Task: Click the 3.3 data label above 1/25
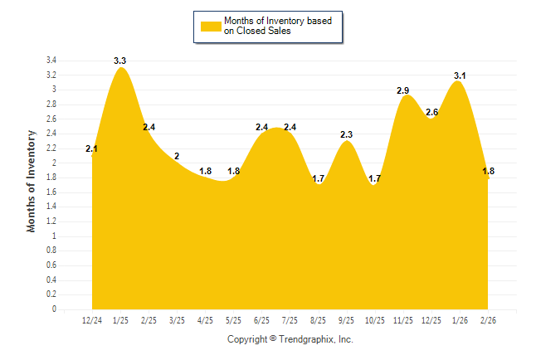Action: point(120,61)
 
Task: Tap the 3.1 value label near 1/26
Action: point(460,75)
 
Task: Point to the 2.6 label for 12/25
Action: point(432,112)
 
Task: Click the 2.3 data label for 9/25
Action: point(347,134)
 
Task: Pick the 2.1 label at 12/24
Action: point(92,149)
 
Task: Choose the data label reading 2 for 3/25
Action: point(177,156)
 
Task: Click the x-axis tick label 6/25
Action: point(262,319)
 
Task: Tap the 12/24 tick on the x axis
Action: point(92,319)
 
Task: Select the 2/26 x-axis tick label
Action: point(489,319)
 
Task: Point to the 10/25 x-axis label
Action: point(375,319)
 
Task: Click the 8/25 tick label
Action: point(319,319)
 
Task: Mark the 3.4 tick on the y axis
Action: point(51,61)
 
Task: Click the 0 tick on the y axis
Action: point(55,309)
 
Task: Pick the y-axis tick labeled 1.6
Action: point(51,192)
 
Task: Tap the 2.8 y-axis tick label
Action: point(51,105)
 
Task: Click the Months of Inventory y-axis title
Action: point(32,180)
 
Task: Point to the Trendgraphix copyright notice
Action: point(290,339)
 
